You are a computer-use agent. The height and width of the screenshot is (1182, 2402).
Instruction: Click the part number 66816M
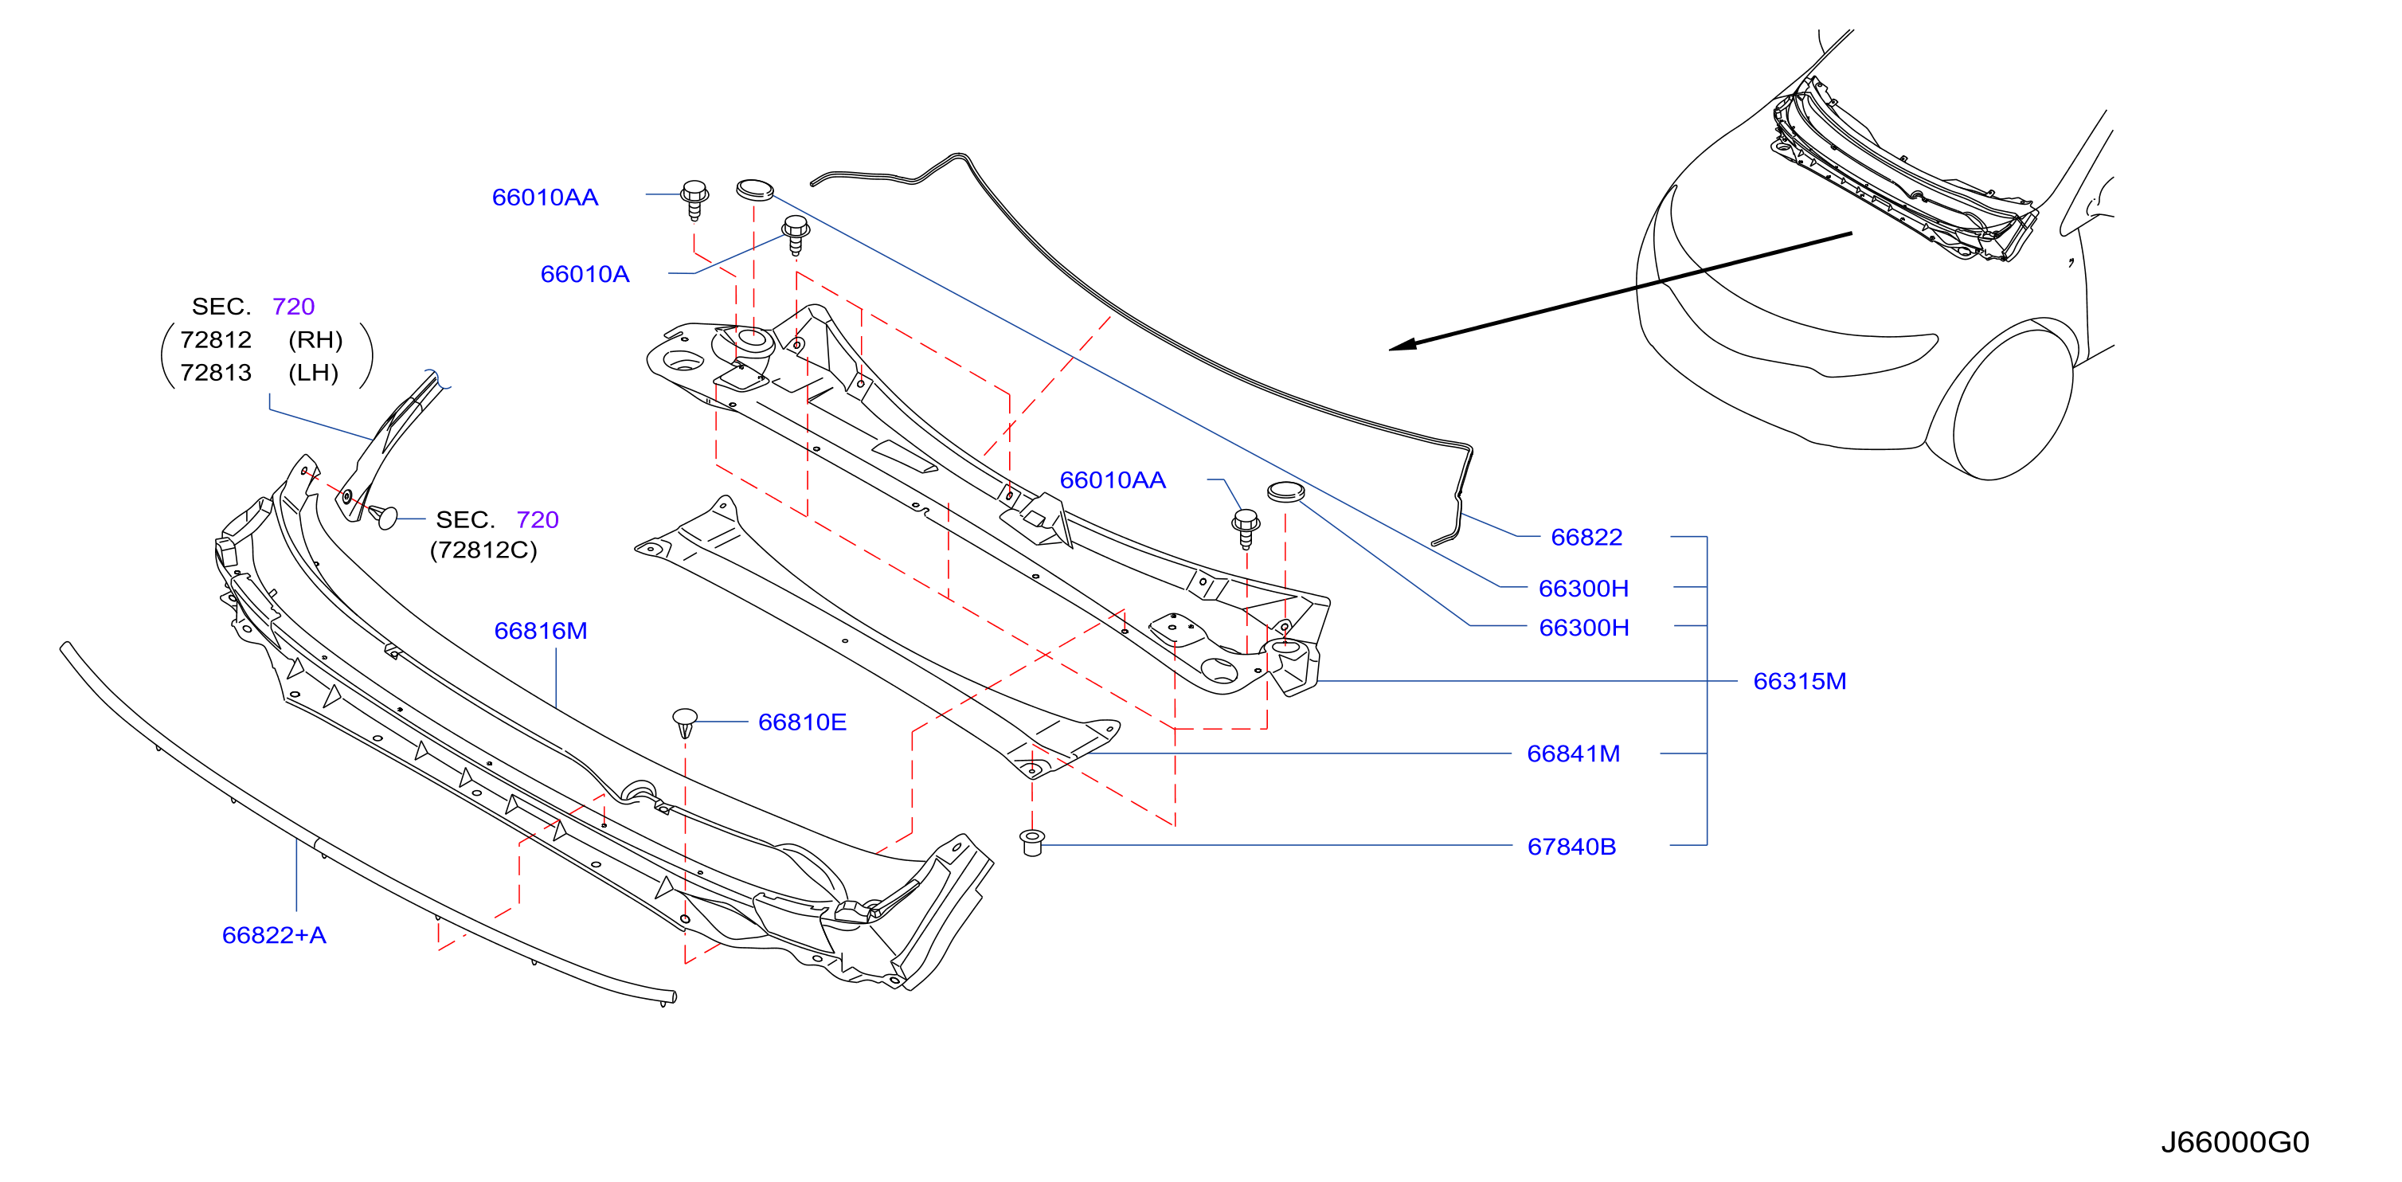(x=541, y=631)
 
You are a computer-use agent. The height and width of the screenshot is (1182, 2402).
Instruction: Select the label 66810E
(x=802, y=722)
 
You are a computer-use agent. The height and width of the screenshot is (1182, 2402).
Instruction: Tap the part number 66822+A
(x=274, y=935)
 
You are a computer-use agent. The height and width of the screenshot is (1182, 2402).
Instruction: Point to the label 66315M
(x=1800, y=682)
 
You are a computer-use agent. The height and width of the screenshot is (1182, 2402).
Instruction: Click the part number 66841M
(x=1573, y=753)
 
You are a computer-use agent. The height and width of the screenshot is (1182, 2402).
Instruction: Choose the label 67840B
(x=1571, y=847)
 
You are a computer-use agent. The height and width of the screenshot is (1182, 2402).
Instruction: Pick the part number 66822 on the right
(x=1586, y=537)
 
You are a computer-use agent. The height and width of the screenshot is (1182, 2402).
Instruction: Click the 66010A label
(x=585, y=274)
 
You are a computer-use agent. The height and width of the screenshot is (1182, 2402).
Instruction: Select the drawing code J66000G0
(x=2234, y=1142)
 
